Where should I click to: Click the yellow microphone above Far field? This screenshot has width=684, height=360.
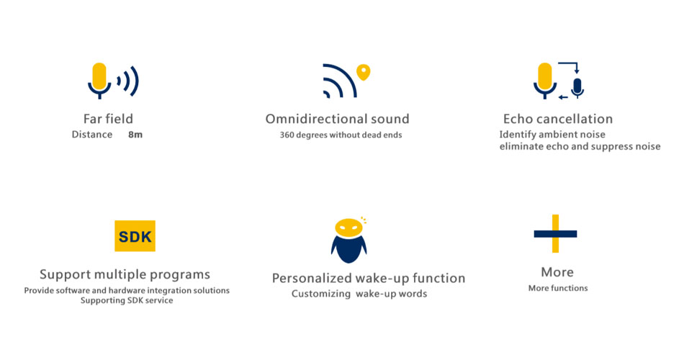99,81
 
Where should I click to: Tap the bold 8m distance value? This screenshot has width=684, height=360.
135,135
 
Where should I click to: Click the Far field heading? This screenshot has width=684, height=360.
108,119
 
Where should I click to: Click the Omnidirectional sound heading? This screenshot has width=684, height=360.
337,119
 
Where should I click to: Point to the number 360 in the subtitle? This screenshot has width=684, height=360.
287,135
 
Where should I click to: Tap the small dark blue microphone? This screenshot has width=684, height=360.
577,88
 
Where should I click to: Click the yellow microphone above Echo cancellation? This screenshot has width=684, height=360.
545,81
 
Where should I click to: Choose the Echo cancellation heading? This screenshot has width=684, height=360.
558,119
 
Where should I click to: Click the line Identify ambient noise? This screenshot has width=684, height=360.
552,135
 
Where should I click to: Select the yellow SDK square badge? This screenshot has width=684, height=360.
135,236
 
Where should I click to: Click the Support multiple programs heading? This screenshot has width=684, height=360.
125,274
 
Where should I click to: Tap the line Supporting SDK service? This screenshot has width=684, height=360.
127,300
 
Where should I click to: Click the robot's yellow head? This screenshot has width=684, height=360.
349,228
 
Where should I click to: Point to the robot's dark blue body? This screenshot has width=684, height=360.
349,249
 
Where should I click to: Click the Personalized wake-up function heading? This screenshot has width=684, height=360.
369,278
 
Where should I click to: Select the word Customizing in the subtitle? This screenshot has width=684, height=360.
321,294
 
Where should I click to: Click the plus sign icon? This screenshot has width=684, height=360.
555,234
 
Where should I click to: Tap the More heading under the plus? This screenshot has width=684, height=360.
557,272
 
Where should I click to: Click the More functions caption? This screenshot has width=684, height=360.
558,288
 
